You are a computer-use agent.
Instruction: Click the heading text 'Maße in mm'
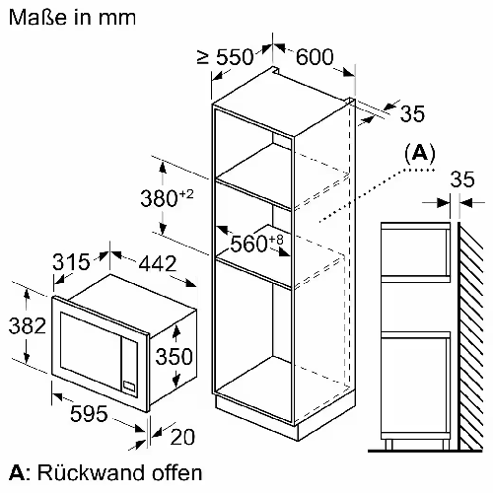point(72,17)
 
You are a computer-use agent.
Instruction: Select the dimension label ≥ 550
point(226,56)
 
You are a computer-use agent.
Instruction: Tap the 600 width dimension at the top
point(315,57)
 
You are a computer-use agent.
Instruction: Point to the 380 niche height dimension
point(167,198)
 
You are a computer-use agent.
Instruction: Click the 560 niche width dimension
point(256,243)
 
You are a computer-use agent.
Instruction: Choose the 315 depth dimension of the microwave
point(71,261)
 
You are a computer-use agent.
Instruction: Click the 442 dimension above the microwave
point(158,263)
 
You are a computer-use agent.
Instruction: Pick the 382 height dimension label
point(28,325)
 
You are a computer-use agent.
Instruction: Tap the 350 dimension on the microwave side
point(174,356)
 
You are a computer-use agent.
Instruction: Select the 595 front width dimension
point(89,413)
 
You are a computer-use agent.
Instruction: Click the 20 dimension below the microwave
point(182,437)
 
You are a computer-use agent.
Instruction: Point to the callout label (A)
point(420,153)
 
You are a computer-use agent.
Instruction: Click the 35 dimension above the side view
point(462,179)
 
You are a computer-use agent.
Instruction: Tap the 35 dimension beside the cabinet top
point(412,113)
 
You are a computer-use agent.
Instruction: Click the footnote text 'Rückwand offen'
point(119,473)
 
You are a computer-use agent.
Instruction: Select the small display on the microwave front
point(129,386)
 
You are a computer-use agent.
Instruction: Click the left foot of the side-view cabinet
point(388,444)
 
